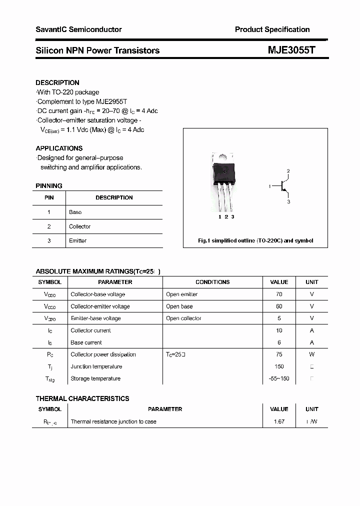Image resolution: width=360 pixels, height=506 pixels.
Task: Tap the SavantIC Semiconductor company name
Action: click(x=78, y=29)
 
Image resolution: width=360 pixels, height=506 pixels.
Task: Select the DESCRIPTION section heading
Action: click(x=57, y=82)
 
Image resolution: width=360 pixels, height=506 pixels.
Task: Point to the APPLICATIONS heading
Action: click(x=59, y=148)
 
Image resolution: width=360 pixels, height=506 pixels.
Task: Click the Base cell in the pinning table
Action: click(x=75, y=212)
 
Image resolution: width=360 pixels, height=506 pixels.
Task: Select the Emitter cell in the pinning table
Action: click(x=77, y=240)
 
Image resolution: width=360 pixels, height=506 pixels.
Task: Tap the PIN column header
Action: click(x=49, y=197)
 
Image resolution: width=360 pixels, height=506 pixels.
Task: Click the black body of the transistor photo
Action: click(x=223, y=172)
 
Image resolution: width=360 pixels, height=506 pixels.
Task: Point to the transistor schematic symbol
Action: click(x=284, y=186)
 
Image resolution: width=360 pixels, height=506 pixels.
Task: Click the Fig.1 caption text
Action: click(x=255, y=240)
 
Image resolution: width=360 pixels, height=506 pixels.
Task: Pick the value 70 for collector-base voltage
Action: click(x=279, y=294)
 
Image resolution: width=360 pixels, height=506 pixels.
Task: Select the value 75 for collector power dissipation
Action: click(x=279, y=354)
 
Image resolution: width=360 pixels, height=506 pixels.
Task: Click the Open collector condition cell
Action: click(x=183, y=318)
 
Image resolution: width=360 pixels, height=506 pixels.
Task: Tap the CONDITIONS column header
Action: click(x=212, y=282)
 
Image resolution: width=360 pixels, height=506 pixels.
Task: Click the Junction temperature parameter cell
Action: click(x=96, y=366)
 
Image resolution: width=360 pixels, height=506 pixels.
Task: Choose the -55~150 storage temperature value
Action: click(x=279, y=378)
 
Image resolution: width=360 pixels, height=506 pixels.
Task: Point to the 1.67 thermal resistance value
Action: click(x=279, y=421)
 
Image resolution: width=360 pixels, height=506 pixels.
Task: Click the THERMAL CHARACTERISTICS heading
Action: click(x=82, y=398)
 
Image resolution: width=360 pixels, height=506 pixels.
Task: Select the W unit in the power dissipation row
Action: click(x=311, y=354)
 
